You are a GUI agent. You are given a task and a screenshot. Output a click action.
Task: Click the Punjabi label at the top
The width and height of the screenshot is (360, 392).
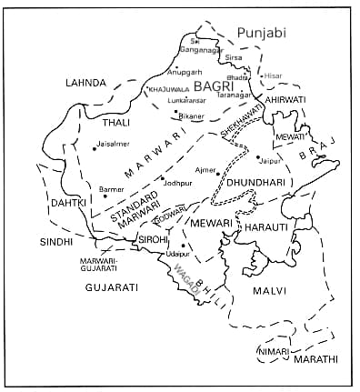(x=261, y=33)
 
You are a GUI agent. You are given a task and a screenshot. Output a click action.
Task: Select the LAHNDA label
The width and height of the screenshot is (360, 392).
(x=86, y=83)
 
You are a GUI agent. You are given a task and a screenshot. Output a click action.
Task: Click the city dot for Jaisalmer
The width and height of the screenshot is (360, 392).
(x=94, y=149)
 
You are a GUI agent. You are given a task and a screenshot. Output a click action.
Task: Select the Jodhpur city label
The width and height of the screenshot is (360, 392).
(x=177, y=184)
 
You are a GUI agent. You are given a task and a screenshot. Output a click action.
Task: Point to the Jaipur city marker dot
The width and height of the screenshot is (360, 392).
(x=258, y=156)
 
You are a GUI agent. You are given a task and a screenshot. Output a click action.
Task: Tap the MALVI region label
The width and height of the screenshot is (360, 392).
(x=269, y=291)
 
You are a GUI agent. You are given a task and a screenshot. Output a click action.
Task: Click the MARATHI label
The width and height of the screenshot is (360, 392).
(x=315, y=360)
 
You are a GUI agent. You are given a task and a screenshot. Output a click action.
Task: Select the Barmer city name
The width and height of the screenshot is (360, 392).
(x=112, y=189)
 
